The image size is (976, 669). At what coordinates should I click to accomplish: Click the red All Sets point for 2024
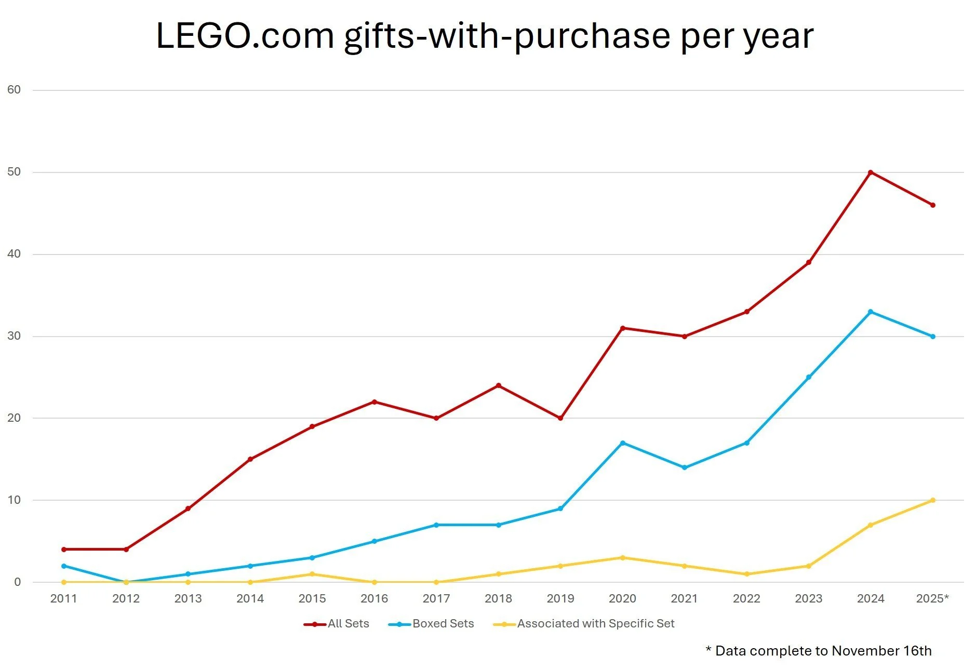click(871, 172)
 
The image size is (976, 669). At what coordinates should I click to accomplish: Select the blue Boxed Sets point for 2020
click(622, 443)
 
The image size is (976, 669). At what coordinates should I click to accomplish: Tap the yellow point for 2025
click(933, 500)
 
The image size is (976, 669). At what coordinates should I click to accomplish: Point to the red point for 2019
click(560, 418)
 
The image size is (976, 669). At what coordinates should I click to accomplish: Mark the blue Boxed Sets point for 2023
click(809, 377)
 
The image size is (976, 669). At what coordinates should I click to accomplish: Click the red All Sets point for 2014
click(250, 459)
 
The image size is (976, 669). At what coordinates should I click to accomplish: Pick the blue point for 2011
click(64, 566)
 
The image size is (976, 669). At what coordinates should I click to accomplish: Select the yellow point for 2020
click(622, 558)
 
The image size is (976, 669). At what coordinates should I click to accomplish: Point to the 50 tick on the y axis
click(14, 172)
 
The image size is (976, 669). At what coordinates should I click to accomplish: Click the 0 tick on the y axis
click(18, 582)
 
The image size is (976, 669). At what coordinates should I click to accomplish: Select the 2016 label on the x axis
click(374, 599)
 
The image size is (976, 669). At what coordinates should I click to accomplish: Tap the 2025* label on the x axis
click(932, 599)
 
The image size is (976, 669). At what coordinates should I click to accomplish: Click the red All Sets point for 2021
click(685, 337)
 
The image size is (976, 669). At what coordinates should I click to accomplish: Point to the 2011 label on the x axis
click(64, 599)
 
